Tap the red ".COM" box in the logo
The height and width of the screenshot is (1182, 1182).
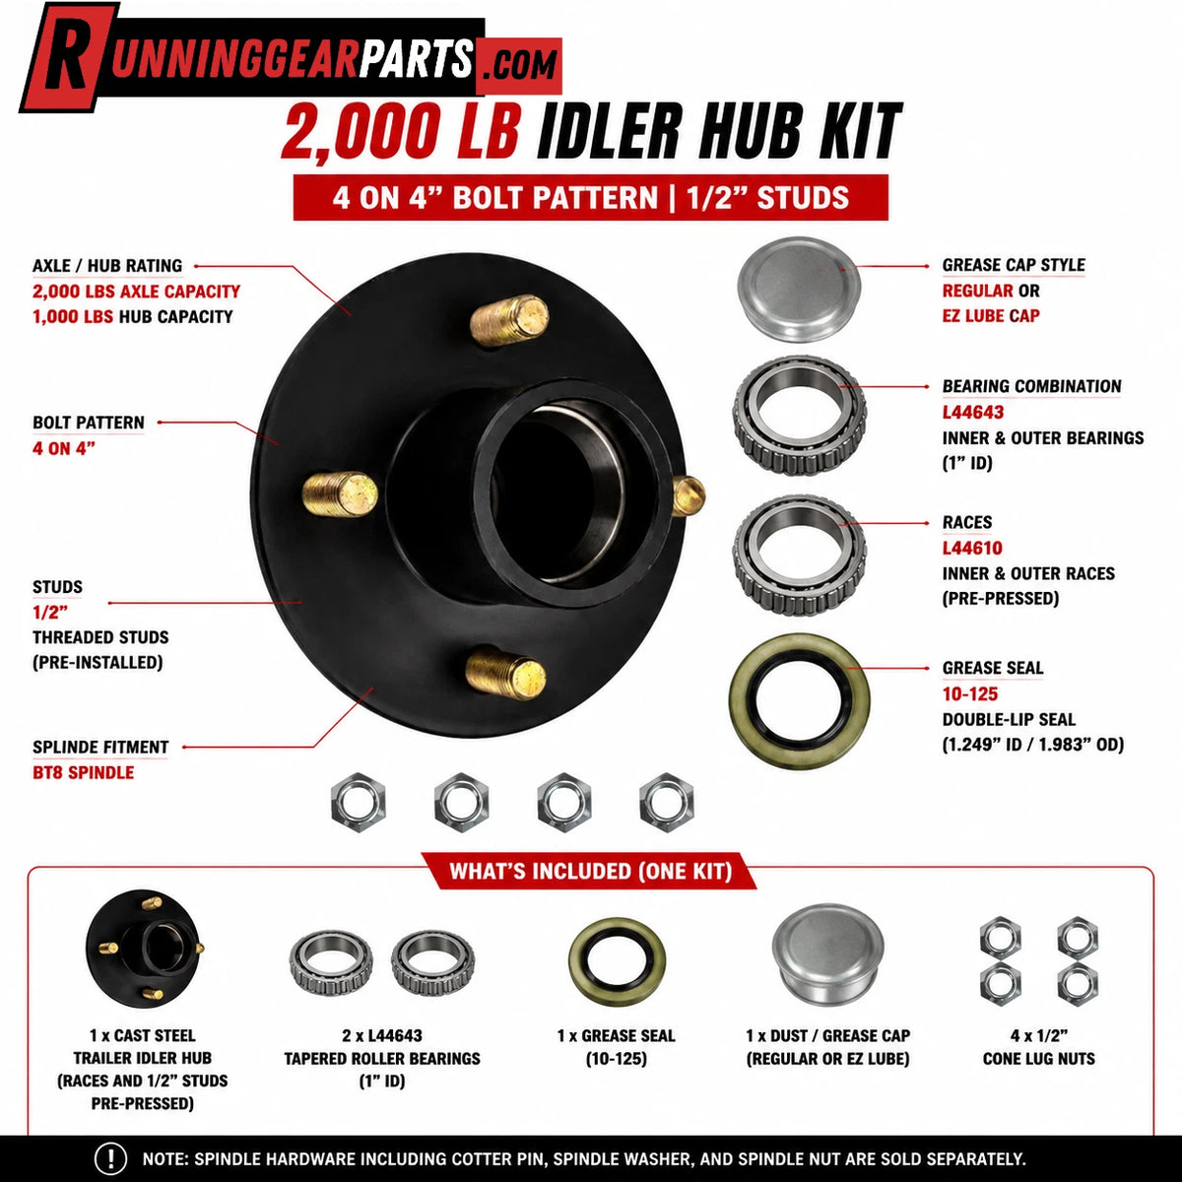click(519, 66)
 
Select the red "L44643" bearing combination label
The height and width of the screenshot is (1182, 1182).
click(973, 412)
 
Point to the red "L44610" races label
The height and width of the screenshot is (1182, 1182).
click(972, 548)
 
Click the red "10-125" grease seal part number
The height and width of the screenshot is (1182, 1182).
click(970, 693)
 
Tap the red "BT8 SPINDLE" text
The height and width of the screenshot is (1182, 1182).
click(84, 772)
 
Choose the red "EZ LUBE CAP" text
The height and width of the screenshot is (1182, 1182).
click(991, 316)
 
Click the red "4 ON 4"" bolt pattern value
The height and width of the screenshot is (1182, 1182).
click(64, 448)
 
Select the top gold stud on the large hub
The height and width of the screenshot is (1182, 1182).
click(509, 319)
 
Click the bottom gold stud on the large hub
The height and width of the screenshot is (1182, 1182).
click(506, 674)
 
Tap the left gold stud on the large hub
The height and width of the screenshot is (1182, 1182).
click(340, 493)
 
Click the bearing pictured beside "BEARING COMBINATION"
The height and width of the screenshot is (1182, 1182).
click(800, 417)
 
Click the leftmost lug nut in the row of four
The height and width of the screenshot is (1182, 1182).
click(359, 802)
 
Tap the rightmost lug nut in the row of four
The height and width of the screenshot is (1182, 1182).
click(666, 802)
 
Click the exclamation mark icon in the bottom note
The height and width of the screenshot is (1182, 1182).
click(110, 1158)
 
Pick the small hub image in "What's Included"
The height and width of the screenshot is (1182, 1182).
click(145, 948)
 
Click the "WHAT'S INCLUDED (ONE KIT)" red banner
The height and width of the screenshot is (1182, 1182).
click(590, 871)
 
